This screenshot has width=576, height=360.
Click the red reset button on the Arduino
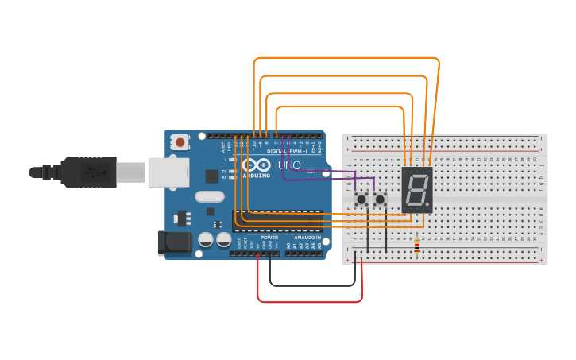click(180, 142)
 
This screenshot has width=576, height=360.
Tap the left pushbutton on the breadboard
click(361, 199)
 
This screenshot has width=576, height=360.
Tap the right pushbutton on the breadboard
click(381, 199)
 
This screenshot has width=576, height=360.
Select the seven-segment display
click(416, 189)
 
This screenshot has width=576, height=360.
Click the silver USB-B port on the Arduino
click(168, 172)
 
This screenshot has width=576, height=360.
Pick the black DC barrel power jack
click(175, 243)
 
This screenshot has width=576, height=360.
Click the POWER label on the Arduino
click(269, 237)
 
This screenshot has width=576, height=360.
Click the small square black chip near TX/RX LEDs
click(212, 176)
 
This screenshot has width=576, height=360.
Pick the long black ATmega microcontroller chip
click(278, 220)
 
